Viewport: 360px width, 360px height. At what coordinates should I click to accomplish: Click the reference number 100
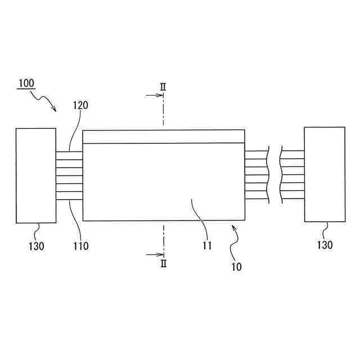coord(26,84)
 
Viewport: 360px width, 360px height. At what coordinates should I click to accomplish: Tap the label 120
coord(80,105)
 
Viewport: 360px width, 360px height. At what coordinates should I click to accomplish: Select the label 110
coord(80,246)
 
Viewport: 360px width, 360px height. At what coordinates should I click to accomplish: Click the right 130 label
coord(324,245)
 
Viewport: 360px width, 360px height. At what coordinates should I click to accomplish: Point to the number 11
coord(207,245)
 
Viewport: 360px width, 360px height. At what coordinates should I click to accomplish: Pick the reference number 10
coord(236,267)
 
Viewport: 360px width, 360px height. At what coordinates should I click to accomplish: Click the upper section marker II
coord(163,87)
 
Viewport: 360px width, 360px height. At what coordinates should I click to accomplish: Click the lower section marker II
coord(163,264)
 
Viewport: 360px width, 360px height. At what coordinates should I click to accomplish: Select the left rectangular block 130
coord(35,175)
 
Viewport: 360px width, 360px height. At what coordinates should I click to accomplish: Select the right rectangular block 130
coord(325,174)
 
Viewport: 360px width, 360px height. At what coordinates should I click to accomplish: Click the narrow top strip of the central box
coord(163,137)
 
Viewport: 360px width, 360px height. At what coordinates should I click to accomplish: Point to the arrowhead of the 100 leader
coord(54,110)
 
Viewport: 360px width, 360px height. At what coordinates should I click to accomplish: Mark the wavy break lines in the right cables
coord(275,175)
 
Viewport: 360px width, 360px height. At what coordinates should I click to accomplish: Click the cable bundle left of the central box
coord(69,175)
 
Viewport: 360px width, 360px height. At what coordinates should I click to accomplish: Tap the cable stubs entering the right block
coord(292,175)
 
